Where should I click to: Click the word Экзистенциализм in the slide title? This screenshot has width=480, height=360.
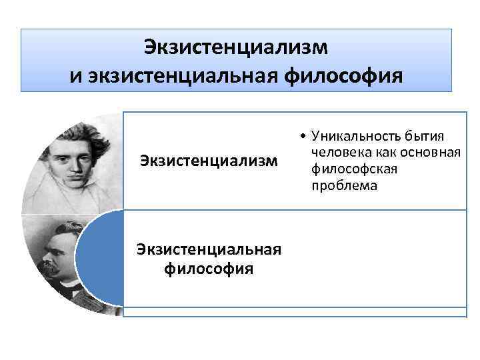237,48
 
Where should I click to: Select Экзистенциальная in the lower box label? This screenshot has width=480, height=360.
208,250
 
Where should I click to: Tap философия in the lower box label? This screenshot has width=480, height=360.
208,269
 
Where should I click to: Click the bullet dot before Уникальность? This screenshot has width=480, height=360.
303,137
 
